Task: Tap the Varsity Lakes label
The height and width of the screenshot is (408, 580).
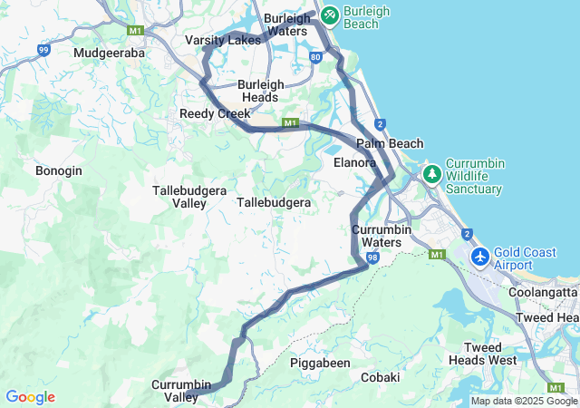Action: click(222, 41)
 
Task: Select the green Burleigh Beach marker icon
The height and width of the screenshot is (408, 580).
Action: click(328, 15)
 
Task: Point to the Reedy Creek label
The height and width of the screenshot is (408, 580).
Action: click(215, 113)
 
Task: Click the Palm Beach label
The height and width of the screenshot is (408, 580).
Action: click(390, 144)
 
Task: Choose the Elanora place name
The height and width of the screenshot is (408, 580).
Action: click(354, 162)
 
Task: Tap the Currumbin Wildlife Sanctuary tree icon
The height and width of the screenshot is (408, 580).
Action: click(432, 172)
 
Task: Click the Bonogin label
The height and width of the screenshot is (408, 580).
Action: click(59, 170)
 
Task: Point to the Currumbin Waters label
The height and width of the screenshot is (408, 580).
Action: click(382, 236)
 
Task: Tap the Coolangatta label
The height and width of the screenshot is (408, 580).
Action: click(543, 292)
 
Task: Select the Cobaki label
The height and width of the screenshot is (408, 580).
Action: click(381, 376)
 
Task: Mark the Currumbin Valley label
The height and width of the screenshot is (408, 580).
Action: click(181, 391)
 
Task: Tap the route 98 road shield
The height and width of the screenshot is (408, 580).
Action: click(372, 257)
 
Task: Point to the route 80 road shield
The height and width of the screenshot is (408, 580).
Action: click(314, 56)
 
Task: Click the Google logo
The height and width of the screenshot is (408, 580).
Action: click(30, 397)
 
